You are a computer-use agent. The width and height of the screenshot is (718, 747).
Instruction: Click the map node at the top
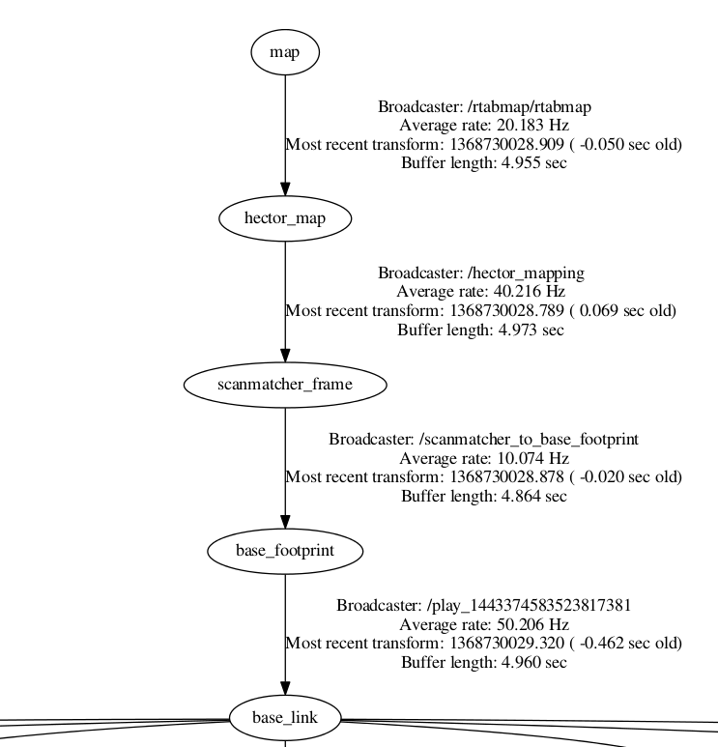click(x=285, y=52)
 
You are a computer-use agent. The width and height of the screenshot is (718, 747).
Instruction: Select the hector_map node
click(x=285, y=218)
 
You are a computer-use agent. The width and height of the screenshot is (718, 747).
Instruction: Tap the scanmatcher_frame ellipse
click(x=285, y=385)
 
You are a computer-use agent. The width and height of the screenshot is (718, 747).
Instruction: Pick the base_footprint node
click(x=285, y=551)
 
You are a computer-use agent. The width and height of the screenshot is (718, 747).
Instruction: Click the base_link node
click(x=285, y=717)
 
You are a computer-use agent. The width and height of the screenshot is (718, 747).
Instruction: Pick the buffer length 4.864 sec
click(x=528, y=496)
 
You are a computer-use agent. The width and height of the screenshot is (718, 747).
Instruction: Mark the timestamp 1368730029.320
click(x=506, y=643)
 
